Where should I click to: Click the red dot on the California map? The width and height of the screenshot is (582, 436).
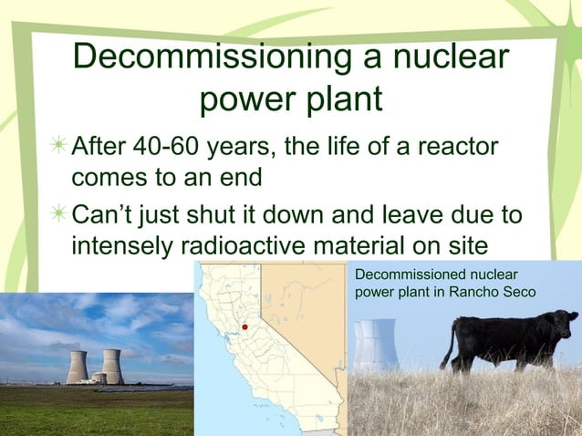[245, 327]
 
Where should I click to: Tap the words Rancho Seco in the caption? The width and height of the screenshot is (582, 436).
[496, 291]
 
